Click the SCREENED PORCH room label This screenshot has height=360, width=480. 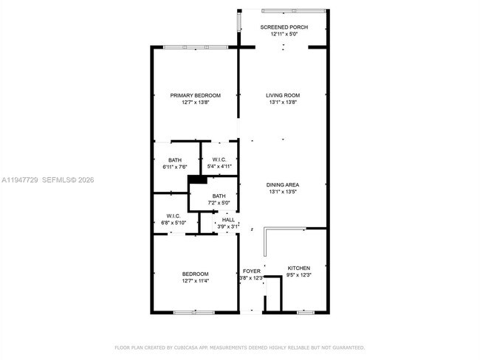(284, 27)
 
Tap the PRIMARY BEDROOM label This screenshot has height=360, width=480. (195, 95)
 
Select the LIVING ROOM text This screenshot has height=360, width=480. (283, 95)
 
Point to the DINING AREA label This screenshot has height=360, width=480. (283, 184)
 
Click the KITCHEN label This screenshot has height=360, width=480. (298, 268)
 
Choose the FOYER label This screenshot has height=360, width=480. (252, 271)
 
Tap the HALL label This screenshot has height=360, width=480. (228, 220)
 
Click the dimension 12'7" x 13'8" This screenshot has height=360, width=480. (195, 103)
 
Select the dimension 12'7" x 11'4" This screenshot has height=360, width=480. (195, 280)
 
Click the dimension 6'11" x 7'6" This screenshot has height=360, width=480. (175, 167)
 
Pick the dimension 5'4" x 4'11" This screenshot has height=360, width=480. (219, 167)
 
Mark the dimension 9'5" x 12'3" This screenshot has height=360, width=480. (298, 275)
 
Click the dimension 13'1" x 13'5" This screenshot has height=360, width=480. (283, 192)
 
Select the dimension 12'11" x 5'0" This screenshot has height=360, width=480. (284, 34)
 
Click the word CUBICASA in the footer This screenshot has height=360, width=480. (190, 347)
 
